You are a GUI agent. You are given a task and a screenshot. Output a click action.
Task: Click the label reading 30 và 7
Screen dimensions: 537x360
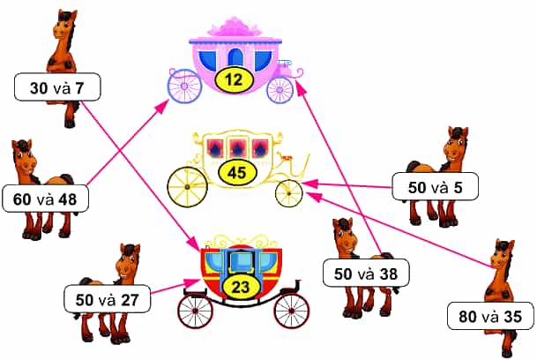pos(57,87)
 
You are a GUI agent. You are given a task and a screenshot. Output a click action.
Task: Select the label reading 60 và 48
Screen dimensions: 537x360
pos(45,199)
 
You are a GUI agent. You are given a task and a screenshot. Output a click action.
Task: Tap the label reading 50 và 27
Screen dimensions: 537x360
pos(107,299)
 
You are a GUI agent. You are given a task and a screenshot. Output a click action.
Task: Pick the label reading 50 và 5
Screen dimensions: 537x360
pos(435,186)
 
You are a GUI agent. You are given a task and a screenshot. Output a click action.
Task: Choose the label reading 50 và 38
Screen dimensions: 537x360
pos(366,273)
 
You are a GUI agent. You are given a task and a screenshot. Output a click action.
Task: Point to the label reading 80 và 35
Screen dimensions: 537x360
pos(490,316)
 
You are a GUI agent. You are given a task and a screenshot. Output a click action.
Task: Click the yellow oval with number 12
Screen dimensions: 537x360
pos(235,80)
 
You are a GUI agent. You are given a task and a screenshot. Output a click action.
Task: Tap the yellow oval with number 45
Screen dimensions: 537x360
pos(237,172)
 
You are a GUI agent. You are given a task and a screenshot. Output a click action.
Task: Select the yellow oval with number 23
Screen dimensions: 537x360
pos(240,287)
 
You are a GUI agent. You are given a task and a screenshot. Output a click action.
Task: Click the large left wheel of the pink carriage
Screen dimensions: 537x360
pos(184,86)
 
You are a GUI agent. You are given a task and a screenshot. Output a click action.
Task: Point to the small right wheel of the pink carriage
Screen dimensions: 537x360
pos(280,90)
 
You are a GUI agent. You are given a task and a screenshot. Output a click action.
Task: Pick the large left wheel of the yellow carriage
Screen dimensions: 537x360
pos(187,187)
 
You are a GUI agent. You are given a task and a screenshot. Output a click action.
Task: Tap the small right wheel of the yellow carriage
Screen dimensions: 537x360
pos(288,194)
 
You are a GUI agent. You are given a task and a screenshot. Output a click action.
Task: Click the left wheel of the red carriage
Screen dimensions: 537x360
pos(195,311)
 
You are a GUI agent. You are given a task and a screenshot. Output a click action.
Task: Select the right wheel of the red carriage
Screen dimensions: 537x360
pos(292,311)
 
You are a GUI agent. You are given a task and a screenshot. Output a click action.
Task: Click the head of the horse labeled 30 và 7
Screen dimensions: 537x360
pos(66,26)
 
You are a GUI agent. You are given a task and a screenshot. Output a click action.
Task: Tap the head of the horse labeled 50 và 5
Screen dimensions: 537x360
pos(456,146)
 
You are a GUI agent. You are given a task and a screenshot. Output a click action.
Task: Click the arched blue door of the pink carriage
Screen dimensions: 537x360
pos(235,57)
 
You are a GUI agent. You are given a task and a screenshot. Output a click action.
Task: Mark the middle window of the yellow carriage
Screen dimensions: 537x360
pos(236,148)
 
